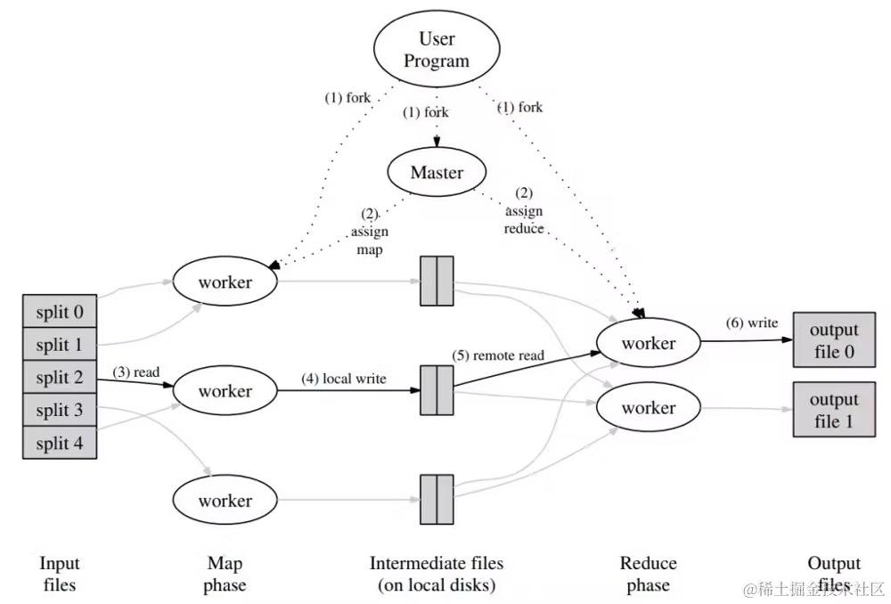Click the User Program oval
point(437,50)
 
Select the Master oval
point(437,172)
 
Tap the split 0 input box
point(60,312)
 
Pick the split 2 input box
point(60,377)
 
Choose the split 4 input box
point(60,442)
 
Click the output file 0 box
point(834,339)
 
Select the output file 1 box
point(834,410)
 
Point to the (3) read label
point(135,371)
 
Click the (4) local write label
point(343,379)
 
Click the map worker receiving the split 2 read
point(225,390)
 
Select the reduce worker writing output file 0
point(648,343)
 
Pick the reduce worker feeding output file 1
point(648,408)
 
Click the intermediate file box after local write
point(437,389)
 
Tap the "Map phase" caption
point(225,574)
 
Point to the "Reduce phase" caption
point(648,574)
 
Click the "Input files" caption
point(60,574)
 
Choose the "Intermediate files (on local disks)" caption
point(437,574)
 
